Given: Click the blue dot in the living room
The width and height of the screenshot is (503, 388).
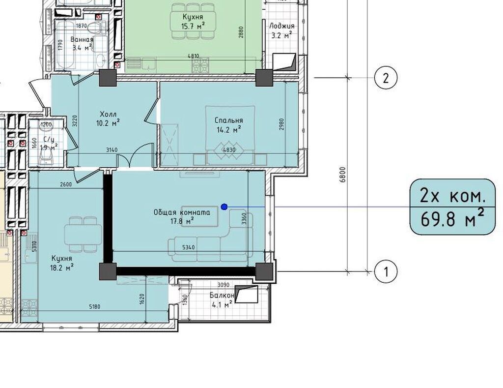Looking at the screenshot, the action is point(224,207).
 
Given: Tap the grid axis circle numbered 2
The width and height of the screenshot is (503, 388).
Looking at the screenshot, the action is point(386,77).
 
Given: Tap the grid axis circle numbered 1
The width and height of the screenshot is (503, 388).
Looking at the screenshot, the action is point(386,272).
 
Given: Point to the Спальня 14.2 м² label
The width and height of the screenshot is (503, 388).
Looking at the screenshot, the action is point(229,125).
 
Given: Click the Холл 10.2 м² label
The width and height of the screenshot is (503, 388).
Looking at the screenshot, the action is point(108,119).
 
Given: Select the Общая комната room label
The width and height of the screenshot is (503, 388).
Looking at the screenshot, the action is point(182,212).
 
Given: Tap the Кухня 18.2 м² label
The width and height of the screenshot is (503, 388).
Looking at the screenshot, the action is point(62,263).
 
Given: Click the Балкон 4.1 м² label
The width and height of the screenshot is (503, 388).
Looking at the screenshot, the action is point(222,299).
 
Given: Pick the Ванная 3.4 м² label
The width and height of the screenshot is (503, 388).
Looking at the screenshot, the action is point(82,44).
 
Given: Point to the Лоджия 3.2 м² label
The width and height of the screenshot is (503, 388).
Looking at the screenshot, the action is point(281,30).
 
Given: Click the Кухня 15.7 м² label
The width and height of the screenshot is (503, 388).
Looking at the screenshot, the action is point(193,21).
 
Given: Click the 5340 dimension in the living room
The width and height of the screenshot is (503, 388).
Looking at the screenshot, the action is point(188,247).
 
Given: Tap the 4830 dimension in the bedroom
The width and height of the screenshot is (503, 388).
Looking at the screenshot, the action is point(229,149).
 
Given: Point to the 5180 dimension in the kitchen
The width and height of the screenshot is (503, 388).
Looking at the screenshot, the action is point(94,306).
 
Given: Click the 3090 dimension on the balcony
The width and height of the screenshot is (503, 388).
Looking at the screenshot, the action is point(224,285).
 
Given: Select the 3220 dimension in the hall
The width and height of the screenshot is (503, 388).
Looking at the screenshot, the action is point(75,122).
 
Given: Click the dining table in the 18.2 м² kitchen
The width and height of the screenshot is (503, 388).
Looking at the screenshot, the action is point(83,234).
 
